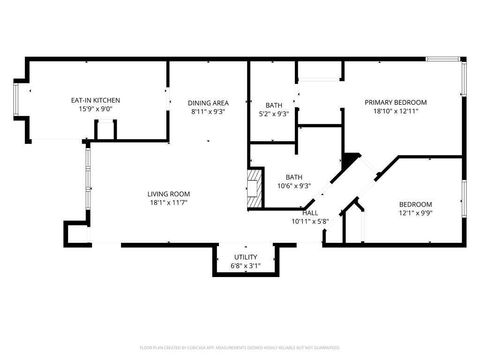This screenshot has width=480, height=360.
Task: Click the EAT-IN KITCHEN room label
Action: [x=96, y=100]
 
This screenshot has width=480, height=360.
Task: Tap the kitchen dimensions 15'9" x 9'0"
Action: [x=96, y=110]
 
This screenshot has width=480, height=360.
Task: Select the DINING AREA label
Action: [x=208, y=102]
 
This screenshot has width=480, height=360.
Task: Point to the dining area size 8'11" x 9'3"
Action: [x=208, y=112]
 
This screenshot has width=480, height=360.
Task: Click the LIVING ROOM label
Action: [x=169, y=194]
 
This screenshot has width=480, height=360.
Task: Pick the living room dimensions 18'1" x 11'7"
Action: [x=169, y=204]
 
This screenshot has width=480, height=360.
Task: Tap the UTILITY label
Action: [x=246, y=257]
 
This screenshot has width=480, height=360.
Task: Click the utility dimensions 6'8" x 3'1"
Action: [x=246, y=266]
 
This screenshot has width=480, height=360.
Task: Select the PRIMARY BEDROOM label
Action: [x=395, y=102]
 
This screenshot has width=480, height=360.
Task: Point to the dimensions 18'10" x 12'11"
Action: [x=395, y=112]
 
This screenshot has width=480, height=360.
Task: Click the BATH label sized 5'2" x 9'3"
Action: [x=273, y=105]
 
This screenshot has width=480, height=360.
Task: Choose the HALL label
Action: [x=310, y=212]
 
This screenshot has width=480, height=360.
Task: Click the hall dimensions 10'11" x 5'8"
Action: [x=310, y=221]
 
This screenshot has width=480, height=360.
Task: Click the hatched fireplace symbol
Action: [x=254, y=187]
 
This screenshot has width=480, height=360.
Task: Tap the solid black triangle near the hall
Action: [x=351, y=158]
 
